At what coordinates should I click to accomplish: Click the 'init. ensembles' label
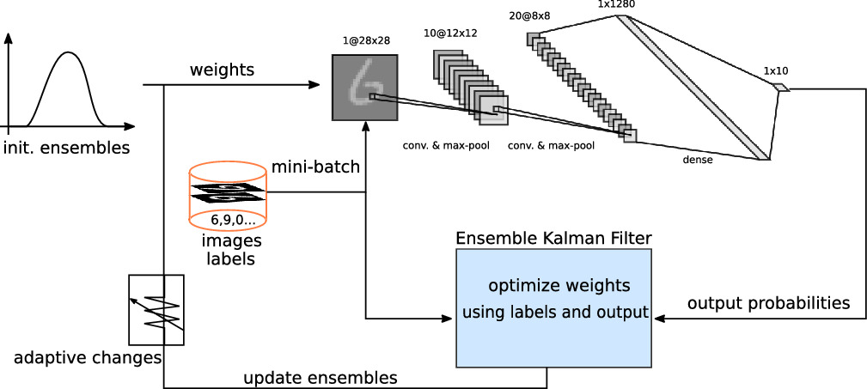click(x=65, y=147)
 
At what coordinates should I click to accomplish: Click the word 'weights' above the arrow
click(x=221, y=70)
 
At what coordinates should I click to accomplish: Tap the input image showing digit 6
click(x=365, y=87)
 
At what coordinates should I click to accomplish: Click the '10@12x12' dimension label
click(x=450, y=33)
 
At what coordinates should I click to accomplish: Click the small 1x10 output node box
click(x=780, y=88)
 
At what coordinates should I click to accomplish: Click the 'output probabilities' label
click(x=767, y=303)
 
